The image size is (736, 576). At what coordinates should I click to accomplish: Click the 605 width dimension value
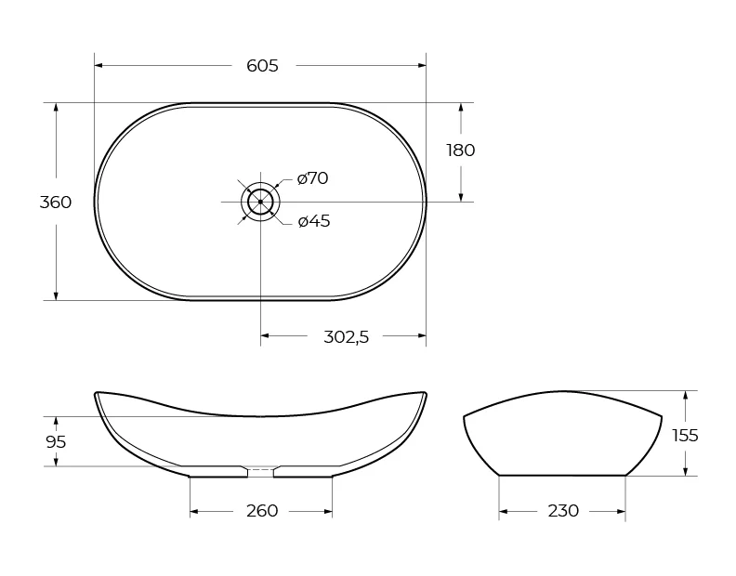(262, 65)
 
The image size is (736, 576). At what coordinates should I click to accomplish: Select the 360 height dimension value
(56, 202)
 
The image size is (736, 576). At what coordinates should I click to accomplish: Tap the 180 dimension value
(460, 151)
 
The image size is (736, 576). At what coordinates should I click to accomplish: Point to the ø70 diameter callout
(312, 178)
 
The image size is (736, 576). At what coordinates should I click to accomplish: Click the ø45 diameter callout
(313, 221)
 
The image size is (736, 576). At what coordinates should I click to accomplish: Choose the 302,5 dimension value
(346, 336)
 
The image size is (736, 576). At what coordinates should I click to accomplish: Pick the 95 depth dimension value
(56, 442)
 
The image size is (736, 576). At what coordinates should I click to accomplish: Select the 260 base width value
(262, 511)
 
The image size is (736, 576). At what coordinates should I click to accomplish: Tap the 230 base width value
(563, 511)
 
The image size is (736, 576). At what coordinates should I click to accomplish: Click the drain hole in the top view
(260, 201)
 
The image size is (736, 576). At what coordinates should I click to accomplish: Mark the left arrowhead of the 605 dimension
(99, 65)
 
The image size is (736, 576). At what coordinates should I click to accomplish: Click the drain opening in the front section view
(260, 471)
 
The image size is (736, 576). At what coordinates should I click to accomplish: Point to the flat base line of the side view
(562, 475)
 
